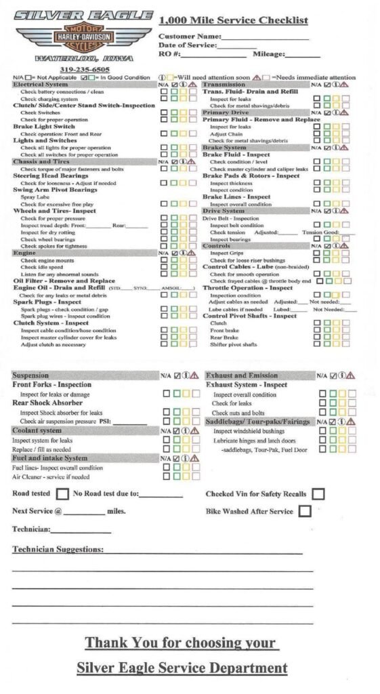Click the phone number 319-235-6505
[85, 69]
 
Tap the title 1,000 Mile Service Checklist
[233, 20]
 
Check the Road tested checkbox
[63, 494]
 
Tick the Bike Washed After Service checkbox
[304, 511]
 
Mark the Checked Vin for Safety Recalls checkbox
[318, 494]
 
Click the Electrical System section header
[41, 85]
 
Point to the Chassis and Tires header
[41, 162]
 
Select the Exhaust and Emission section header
[242, 375]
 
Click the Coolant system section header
[37, 430]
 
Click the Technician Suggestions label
[58, 550]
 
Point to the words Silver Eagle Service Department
[182, 668]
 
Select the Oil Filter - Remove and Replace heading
[64, 281]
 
